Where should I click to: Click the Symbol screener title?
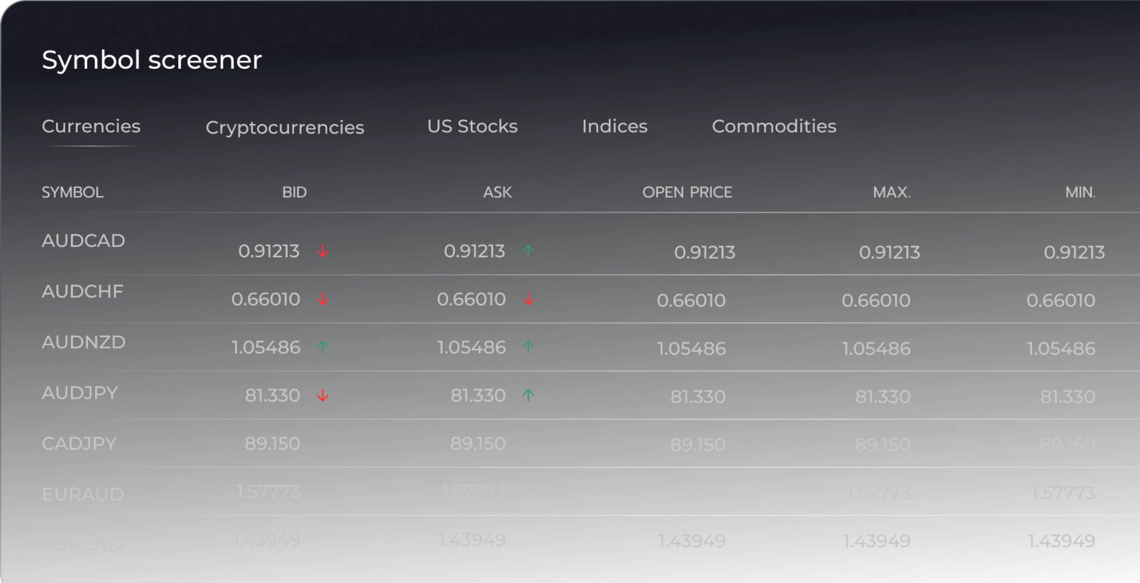pyautogui.click(x=151, y=60)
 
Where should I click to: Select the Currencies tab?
pyautogui.click(x=91, y=126)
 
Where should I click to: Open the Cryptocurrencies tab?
pyautogui.click(x=284, y=127)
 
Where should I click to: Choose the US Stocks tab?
pyautogui.click(x=472, y=126)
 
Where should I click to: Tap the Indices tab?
pyautogui.click(x=615, y=126)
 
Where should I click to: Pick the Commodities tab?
pyautogui.click(x=774, y=126)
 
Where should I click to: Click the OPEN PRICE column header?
pyautogui.click(x=687, y=192)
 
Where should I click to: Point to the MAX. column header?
pyautogui.click(x=891, y=192)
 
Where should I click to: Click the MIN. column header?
pyautogui.click(x=1080, y=192)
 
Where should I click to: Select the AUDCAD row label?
pyautogui.click(x=83, y=241)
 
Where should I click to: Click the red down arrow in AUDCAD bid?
pyautogui.click(x=322, y=251)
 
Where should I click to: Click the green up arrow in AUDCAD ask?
pyautogui.click(x=528, y=251)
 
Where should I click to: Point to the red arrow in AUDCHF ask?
pyautogui.click(x=528, y=300)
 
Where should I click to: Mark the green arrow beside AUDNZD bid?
pyautogui.click(x=322, y=347)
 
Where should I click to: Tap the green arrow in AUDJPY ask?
pyautogui.click(x=528, y=395)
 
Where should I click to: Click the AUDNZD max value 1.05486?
pyautogui.click(x=876, y=348)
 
